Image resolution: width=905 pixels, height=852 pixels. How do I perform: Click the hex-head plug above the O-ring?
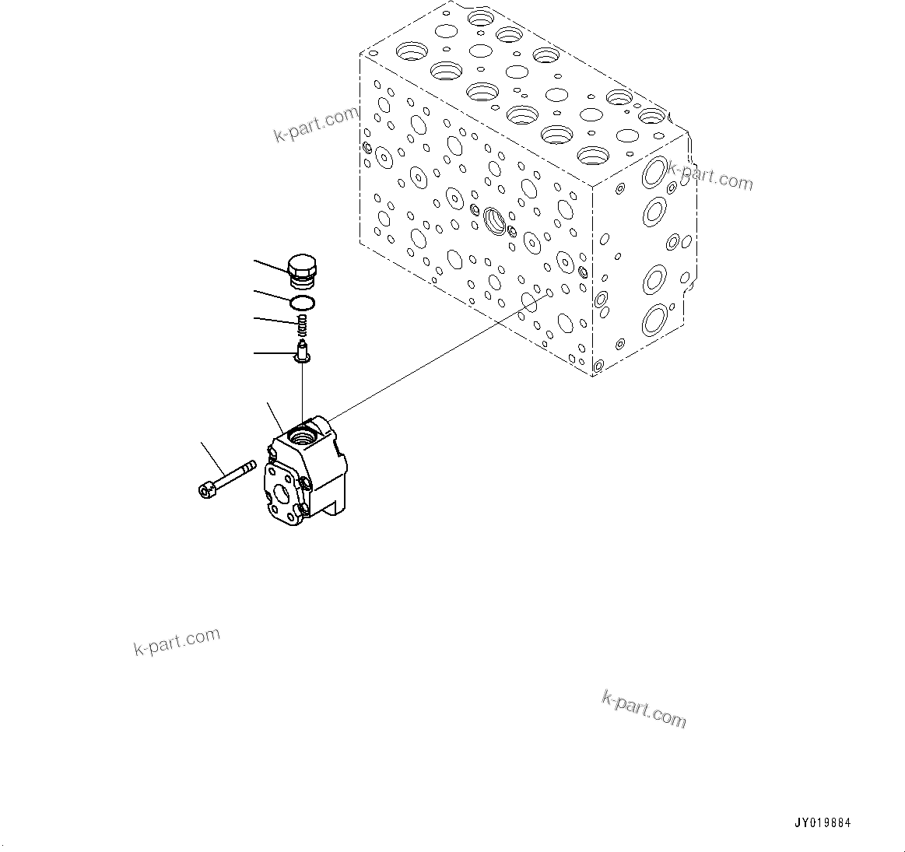click(x=303, y=268)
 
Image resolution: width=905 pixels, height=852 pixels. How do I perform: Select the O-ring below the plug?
click(x=303, y=302)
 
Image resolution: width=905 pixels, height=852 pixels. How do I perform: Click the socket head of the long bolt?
click(x=207, y=489)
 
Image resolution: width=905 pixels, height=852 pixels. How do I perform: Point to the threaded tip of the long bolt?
click(x=249, y=466)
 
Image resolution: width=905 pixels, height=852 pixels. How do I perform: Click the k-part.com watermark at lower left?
click(x=177, y=641)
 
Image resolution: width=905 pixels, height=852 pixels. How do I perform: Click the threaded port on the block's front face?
click(x=493, y=221)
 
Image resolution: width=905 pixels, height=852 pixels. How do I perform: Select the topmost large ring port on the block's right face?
click(x=653, y=175)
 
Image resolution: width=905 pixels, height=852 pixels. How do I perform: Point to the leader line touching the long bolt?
click(x=213, y=458)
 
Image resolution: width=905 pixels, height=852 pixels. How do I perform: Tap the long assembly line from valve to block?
click(x=436, y=358)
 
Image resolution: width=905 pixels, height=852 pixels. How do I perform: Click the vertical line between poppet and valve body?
click(x=302, y=393)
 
